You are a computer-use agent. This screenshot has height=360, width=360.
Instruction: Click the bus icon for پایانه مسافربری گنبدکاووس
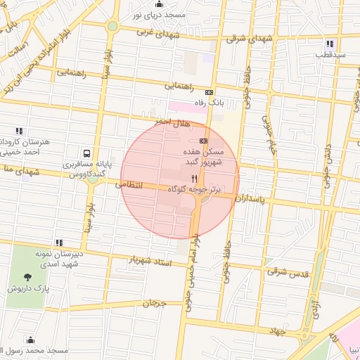86,153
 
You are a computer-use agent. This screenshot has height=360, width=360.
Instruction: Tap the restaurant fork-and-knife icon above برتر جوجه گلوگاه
194,179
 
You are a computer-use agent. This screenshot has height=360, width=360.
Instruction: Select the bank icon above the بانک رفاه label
208,92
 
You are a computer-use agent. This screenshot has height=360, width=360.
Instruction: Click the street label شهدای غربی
158,32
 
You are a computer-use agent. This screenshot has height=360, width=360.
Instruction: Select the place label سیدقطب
329,54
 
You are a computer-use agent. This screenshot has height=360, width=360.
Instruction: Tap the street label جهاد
279,330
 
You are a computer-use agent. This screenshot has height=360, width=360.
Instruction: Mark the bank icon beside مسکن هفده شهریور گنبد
203,140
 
